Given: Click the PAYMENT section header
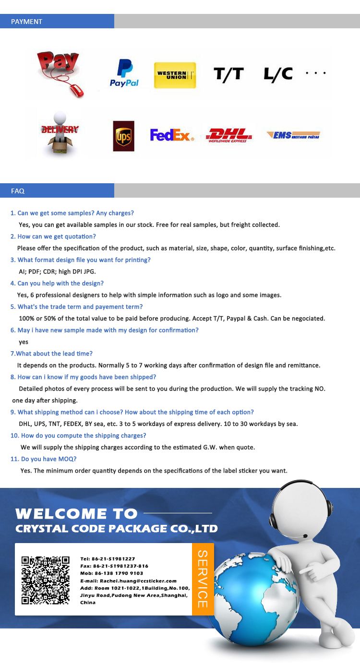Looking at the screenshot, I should click(x=27, y=22).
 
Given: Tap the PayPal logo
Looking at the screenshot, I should click(x=124, y=73).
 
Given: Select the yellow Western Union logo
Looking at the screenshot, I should click(x=175, y=75).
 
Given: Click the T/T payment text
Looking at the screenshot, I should click(x=228, y=74).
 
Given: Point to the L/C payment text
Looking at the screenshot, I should click(x=278, y=74).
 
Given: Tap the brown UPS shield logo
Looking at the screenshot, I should click(x=123, y=136).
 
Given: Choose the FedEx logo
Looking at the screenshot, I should click(x=172, y=135).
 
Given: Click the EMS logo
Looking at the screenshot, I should click(x=293, y=135).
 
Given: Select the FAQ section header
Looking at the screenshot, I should click(x=18, y=191).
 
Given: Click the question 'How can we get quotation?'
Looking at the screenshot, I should click(x=57, y=237).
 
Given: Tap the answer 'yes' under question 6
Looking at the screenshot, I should click(x=24, y=342).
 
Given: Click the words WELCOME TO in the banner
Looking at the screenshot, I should click(x=76, y=514).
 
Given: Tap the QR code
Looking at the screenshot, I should click(x=46, y=580).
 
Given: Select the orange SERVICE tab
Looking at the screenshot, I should click(x=203, y=579).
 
